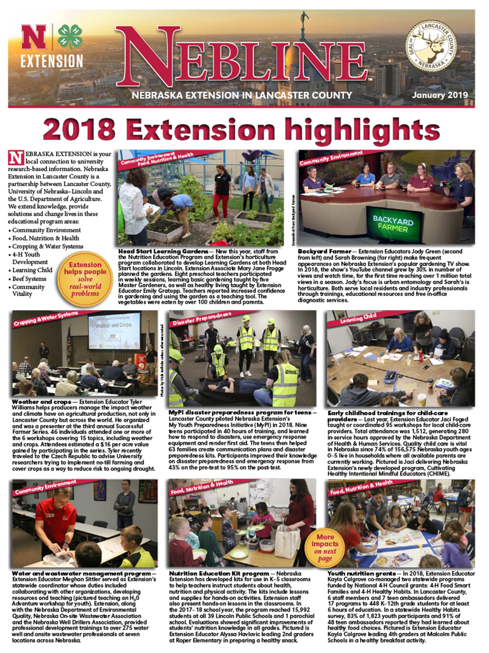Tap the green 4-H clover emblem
pyautogui.click(x=70, y=37)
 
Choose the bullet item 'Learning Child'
pyautogui.click(x=33, y=270)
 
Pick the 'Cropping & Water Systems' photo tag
pyautogui.click(x=46, y=318)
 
